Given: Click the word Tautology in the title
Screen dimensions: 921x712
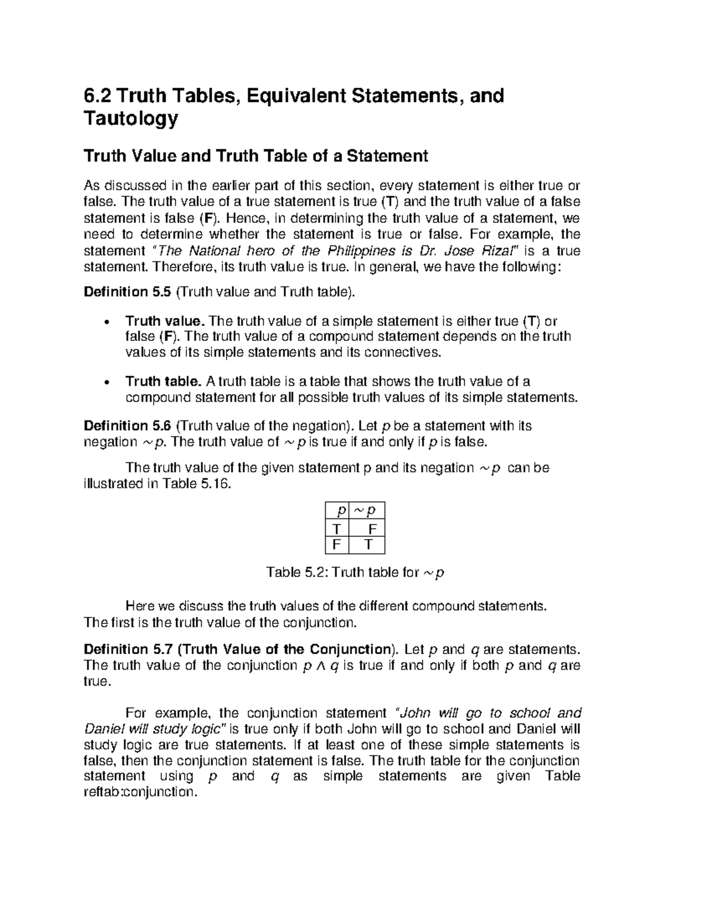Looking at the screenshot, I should tap(131, 119).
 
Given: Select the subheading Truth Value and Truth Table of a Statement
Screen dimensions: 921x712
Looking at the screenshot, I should tap(256, 156).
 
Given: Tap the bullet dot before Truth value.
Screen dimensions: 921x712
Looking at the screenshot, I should tap(106, 322).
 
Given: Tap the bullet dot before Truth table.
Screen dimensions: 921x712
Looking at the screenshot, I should tap(106, 383).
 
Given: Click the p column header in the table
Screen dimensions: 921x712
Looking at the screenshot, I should tap(339, 511).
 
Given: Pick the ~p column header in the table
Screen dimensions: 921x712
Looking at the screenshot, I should tap(368, 511).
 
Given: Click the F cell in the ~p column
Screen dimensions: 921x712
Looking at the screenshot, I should tap(372, 528).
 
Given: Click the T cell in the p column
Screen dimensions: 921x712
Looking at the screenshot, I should tap(337, 528).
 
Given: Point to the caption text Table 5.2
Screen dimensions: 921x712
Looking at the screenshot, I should tap(296, 572).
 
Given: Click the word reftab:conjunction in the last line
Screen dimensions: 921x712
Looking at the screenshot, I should tap(140, 792).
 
